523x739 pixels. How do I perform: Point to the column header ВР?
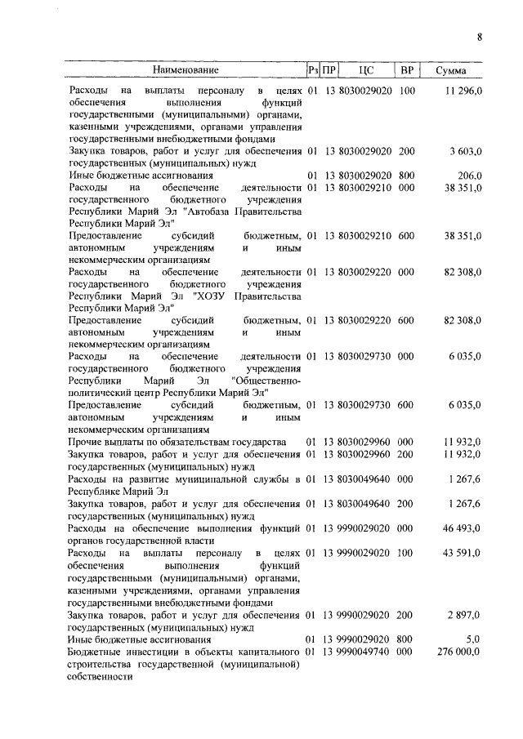tap(408, 71)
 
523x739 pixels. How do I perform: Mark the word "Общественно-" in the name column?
tap(267, 381)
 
